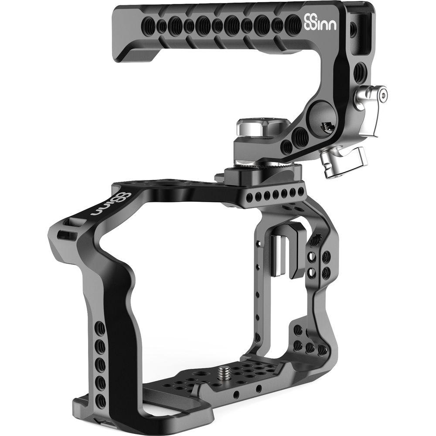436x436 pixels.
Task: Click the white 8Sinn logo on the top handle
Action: [314, 22]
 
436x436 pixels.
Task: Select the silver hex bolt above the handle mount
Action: [249, 129]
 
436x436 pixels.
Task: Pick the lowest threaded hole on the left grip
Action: [101, 398]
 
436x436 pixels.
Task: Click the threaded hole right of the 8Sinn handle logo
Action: [335, 26]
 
